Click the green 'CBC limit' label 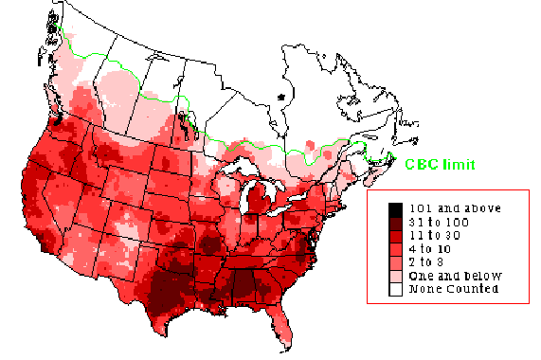click(x=440, y=164)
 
